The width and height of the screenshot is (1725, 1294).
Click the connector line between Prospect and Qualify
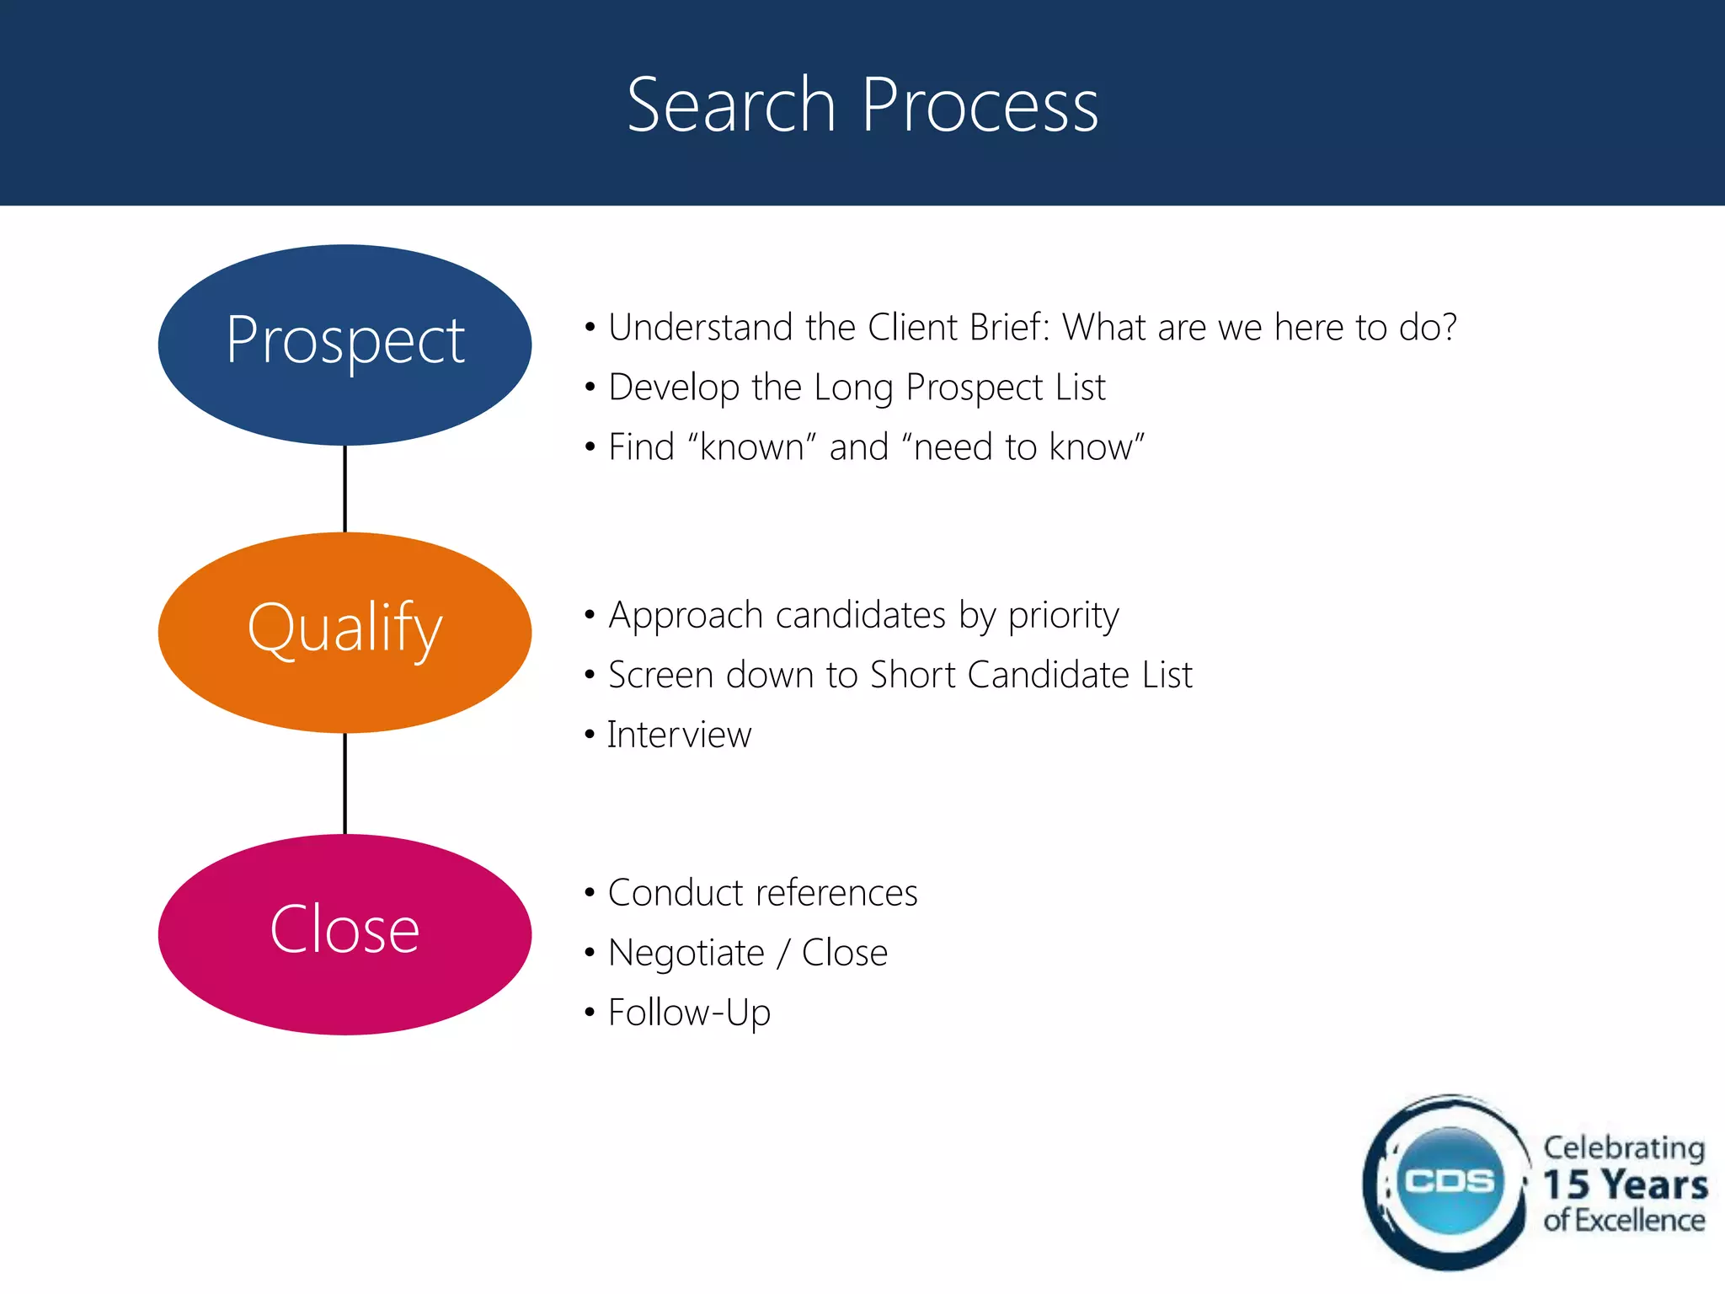click(344, 489)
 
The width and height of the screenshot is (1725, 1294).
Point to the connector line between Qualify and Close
click(344, 783)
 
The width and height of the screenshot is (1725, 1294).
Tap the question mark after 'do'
click(1448, 327)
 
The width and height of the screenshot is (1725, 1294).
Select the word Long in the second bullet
click(853, 388)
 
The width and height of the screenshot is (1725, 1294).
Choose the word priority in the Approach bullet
click(1064, 616)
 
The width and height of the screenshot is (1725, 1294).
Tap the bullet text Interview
click(679, 735)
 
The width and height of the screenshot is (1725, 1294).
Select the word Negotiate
click(686, 953)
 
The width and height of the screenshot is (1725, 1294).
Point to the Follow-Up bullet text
click(689, 1013)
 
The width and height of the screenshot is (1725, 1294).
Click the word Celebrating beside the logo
click(1624, 1147)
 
